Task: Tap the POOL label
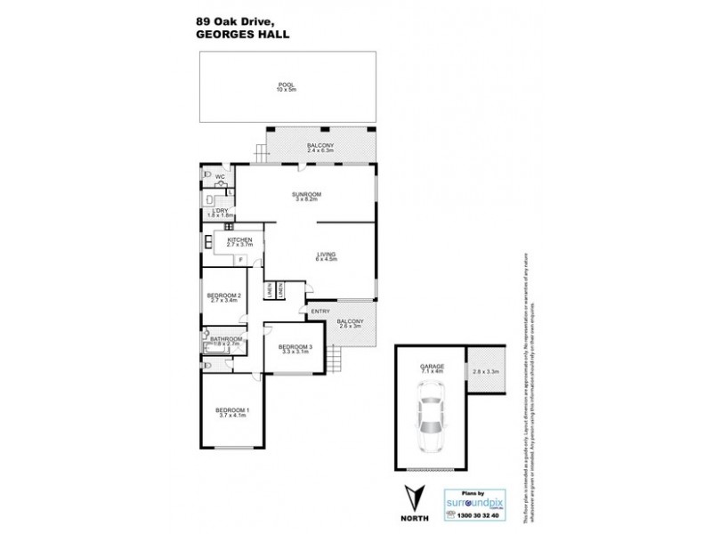click(x=285, y=85)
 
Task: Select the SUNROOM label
click(x=306, y=193)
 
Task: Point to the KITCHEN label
click(x=240, y=240)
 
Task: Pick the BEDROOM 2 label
click(x=224, y=295)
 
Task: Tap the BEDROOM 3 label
click(x=295, y=347)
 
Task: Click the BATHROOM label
click(x=226, y=338)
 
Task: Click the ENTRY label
click(x=320, y=311)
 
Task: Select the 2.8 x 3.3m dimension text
click(x=487, y=371)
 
